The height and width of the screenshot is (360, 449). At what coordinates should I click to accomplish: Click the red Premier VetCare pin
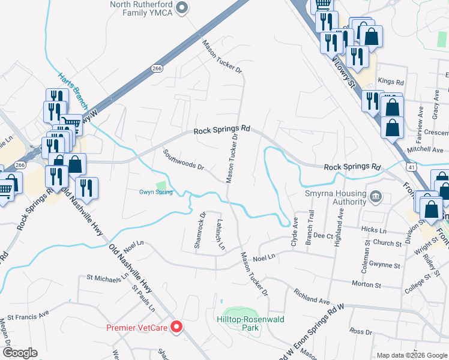tap(176, 328)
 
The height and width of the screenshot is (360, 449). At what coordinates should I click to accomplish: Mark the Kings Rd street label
tap(391, 82)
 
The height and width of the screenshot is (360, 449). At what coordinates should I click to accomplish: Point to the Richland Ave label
tap(312, 296)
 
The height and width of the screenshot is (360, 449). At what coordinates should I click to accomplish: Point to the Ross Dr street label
tap(361, 331)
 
